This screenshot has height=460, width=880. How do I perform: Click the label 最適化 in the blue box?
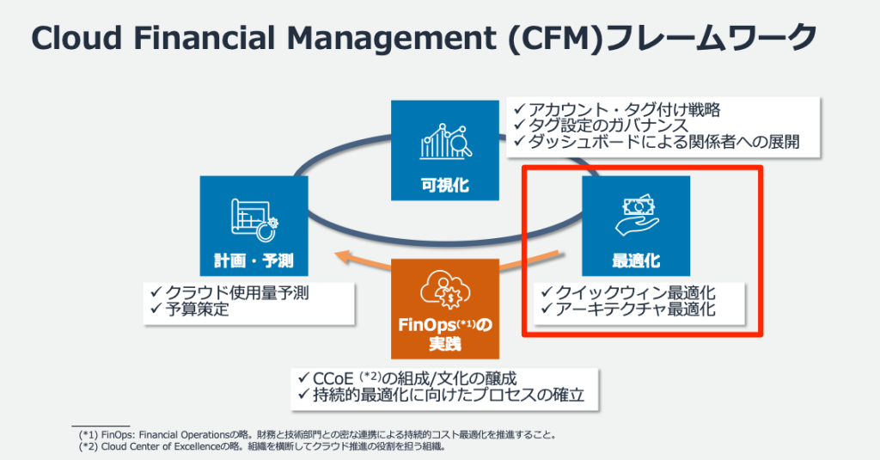(636, 261)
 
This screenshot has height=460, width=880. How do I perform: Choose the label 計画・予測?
(253, 261)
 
